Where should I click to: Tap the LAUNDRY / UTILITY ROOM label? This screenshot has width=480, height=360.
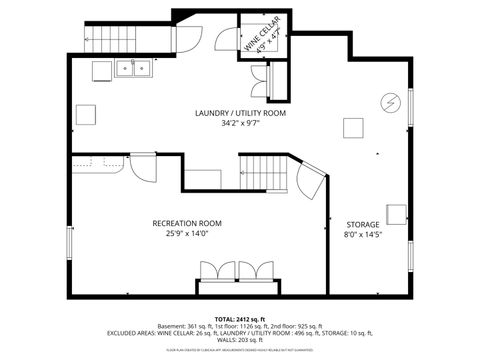240,114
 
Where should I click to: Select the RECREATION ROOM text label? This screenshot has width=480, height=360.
187,223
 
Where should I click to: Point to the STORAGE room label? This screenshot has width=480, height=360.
363,224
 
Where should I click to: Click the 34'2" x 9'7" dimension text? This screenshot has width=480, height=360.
240,126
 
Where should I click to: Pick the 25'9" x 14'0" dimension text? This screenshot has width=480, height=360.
187,235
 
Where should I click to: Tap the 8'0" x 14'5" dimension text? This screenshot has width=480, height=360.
363,236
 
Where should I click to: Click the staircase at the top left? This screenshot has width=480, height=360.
99,40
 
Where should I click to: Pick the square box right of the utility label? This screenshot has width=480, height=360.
353,127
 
